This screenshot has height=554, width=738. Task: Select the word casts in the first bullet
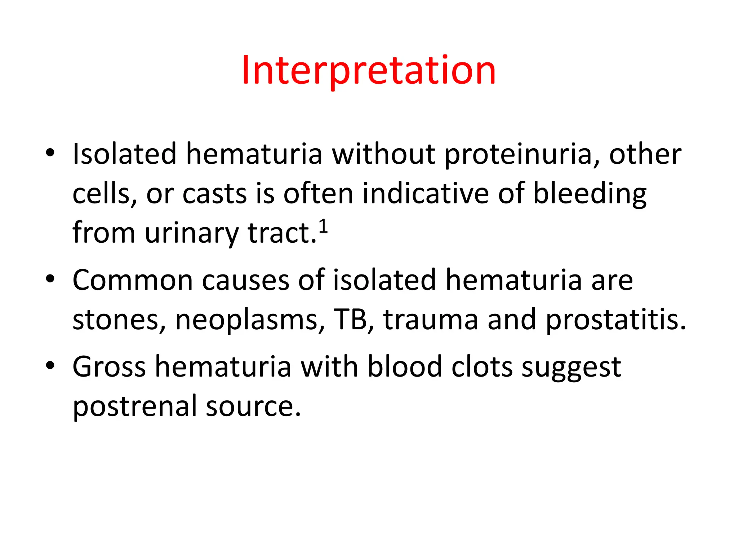point(215,194)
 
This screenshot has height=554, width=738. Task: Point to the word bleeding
point(590,194)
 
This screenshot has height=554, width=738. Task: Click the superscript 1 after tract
point(324,227)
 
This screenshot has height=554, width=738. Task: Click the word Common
point(133,280)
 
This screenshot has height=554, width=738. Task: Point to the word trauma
point(431,320)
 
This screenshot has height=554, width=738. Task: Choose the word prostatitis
point(615,320)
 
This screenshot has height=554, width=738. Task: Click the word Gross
point(109,367)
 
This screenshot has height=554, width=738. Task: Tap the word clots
point(482,367)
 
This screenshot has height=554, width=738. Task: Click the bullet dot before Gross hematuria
point(50,365)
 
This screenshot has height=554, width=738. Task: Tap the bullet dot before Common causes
point(50,279)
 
